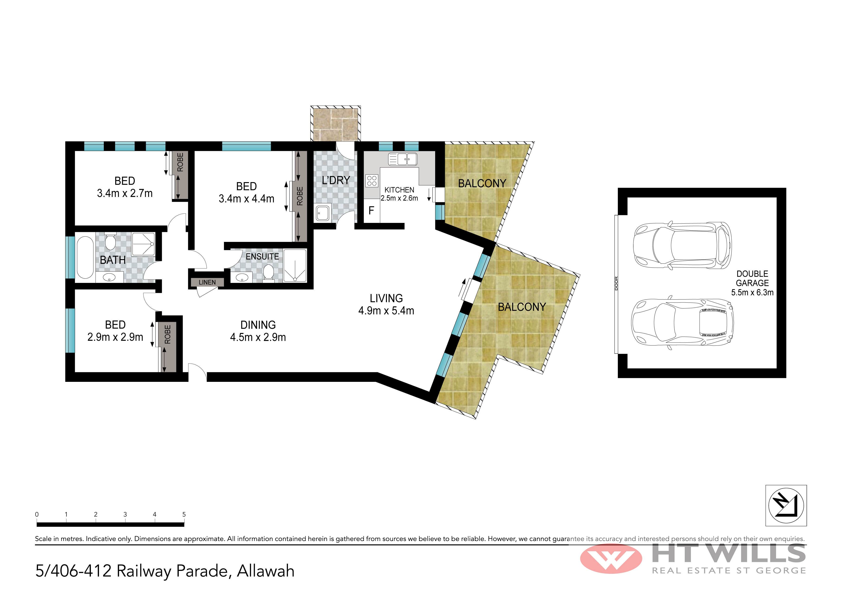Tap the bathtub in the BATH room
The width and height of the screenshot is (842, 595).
pos(85,257)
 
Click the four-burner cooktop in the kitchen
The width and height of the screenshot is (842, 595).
pos(371,181)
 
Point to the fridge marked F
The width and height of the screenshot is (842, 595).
pos(371,210)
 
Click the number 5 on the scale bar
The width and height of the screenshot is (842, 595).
pos(184,514)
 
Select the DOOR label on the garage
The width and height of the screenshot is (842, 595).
pos(616,283)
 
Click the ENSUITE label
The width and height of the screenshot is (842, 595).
pos(262,257)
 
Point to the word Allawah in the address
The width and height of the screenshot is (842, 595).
pos(265,571)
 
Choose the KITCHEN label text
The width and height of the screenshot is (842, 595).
pos(399,190)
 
